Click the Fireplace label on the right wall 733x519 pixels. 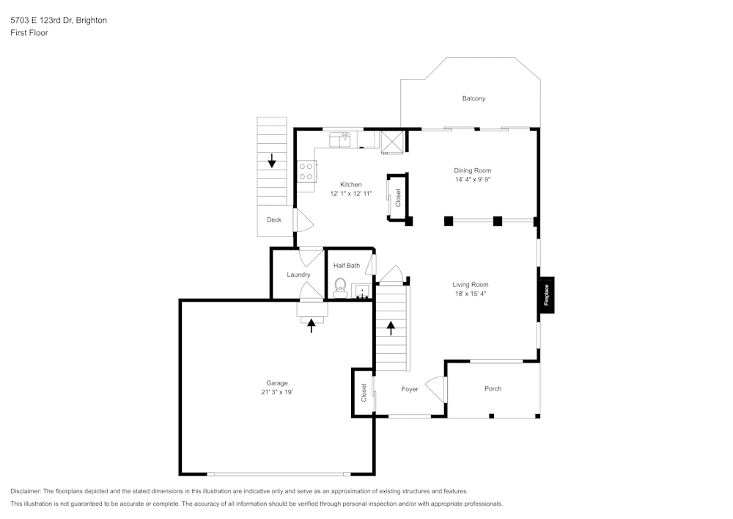coord(546,295)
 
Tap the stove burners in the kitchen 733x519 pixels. coord(306,172)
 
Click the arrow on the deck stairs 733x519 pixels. coord(272,160)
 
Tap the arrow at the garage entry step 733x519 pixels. coord(312,324)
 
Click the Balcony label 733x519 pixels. coord(474,98)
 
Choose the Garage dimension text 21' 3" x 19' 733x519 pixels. coord(277,392)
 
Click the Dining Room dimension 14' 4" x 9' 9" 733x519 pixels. coord(472,179)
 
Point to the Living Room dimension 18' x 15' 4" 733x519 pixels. coord(470,294)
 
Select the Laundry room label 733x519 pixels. coord(298,275)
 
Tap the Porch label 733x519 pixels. coord(493,388)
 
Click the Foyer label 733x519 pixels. coord(410,389)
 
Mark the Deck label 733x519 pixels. coord(273,219)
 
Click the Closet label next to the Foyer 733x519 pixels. coord(364,392)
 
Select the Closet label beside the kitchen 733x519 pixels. coord(398,197)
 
